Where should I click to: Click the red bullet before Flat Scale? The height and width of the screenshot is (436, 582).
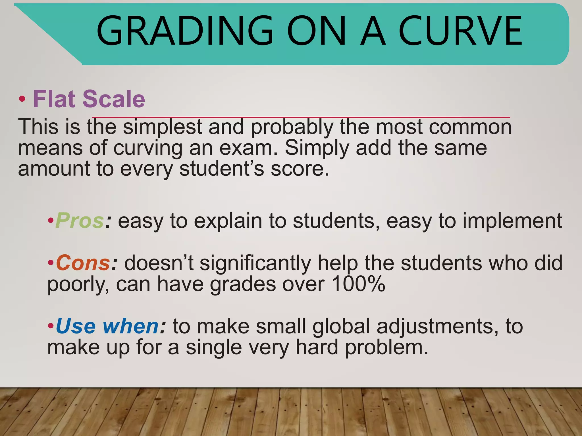tap(22, 99)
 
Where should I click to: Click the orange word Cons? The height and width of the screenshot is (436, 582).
tap(83, 263)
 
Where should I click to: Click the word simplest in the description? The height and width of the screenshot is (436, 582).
tap(162, 127)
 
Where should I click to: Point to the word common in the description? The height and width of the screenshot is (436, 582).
tap(470, 127)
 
